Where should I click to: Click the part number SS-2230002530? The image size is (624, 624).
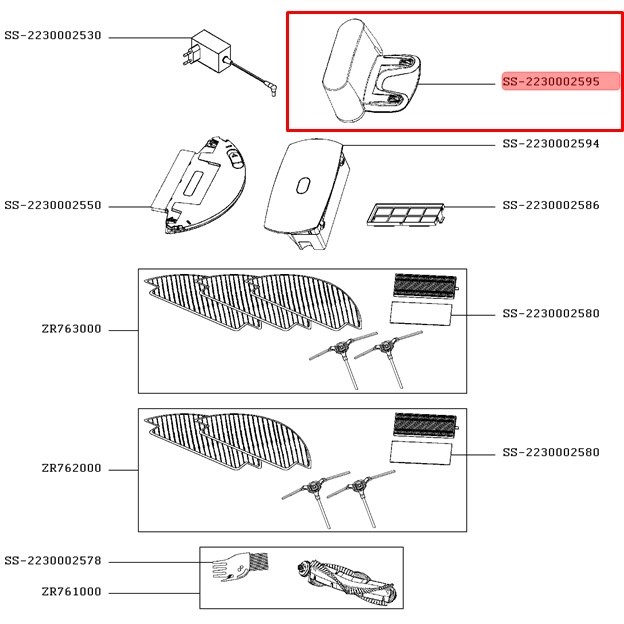(53, 36)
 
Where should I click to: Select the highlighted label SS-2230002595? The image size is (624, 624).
(551, 82)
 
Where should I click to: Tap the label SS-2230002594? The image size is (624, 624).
(551, 144)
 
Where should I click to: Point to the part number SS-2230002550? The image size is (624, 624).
(53, 206)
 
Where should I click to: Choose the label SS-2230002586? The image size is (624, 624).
(551, 206)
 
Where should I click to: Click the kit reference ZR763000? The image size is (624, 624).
(71, 329)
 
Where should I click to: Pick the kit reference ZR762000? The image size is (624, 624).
(71, 468)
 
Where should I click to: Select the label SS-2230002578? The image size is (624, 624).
(53, 561)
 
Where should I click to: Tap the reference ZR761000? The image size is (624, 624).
(71, 591)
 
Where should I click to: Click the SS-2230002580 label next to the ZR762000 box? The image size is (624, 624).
(551, 452)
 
